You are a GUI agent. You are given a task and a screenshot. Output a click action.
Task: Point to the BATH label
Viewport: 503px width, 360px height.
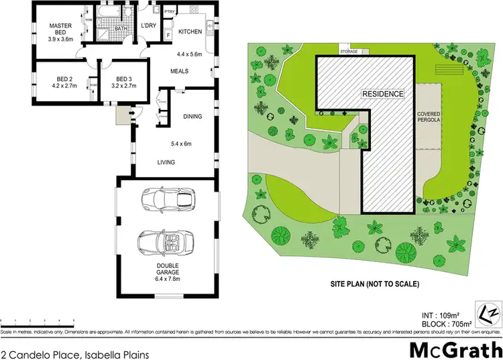(121, 29)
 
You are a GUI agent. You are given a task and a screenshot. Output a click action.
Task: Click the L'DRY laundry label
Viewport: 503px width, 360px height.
(148, 26)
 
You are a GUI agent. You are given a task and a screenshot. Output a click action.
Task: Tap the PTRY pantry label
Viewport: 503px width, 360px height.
(170, 11)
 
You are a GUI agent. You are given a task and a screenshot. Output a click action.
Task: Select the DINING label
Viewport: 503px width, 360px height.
(192, 117)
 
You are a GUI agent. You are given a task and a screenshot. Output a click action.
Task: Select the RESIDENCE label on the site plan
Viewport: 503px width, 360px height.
(383, 94)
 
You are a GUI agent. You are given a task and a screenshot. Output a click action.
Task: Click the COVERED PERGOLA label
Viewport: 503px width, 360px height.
(428, 119)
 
